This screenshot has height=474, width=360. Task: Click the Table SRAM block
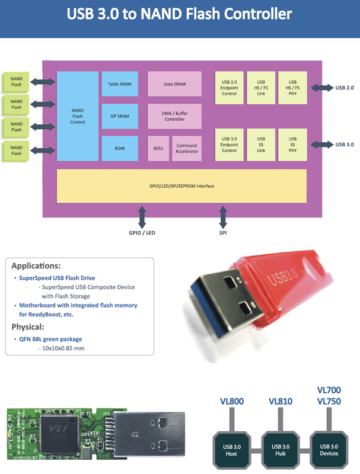coord(119,84)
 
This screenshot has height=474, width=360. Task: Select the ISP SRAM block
coord(119,116)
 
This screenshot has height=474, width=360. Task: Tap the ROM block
coord(119,149)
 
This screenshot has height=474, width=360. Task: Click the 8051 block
coord(158,149)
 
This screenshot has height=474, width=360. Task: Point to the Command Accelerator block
coord(187,149)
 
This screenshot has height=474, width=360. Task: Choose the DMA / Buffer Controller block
coord(174,116)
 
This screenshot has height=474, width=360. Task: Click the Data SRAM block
coord(174,84)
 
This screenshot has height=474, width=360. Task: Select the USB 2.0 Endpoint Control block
coord(229,88)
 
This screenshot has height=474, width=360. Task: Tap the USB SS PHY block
coord(292,145)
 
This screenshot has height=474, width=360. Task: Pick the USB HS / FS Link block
coord(261,88)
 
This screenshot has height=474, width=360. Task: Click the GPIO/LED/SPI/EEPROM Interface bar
coord(181,186)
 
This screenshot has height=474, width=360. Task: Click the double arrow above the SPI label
coord(223,217)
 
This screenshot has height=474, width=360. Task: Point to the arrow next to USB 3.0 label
coord(322,145)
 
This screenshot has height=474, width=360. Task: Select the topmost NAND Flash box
coord(16,82)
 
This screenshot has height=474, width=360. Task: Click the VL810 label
coord(281,402)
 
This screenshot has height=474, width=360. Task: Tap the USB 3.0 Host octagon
coord(232,449)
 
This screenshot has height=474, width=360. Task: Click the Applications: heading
coord(36,265)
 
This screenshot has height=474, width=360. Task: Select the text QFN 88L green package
coord(50,339)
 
